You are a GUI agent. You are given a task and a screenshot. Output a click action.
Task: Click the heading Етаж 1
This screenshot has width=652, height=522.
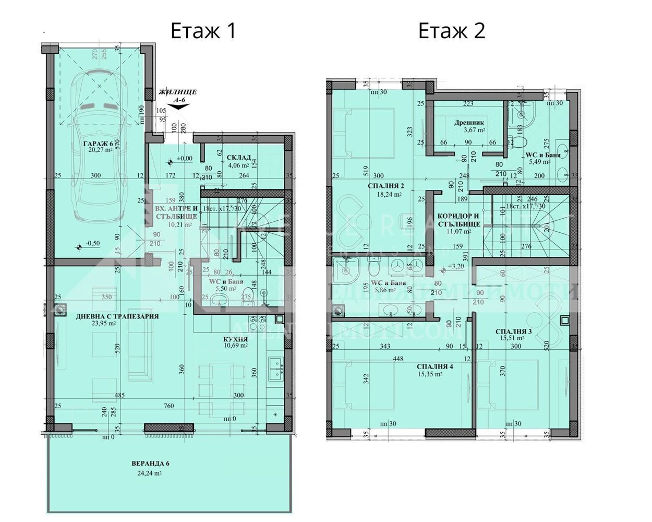[x=203, y=31]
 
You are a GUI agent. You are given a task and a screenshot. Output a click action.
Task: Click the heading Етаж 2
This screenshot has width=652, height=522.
[x=452, y=31]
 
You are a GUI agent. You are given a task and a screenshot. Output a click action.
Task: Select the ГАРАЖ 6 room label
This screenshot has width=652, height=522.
[x=98, y=144]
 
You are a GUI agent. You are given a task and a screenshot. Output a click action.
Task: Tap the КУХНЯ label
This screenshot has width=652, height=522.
[x=236, y=338]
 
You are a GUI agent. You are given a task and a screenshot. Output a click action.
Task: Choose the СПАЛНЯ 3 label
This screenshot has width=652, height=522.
[x=514, y=331]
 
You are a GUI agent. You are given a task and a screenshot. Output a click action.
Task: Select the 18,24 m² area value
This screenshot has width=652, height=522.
[x=390, y=194]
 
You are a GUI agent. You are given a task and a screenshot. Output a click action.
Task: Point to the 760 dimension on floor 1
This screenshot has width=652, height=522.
[x=168, y=406]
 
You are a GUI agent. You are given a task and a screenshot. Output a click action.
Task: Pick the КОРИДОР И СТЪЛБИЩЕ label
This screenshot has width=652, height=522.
[x=458, y=220]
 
